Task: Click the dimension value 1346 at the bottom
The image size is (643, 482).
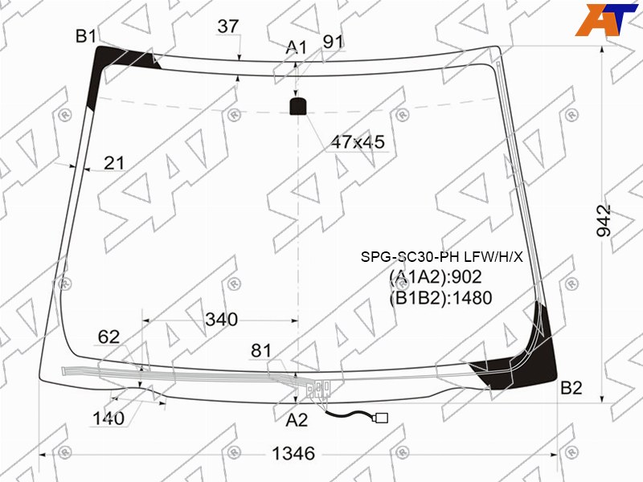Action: tap(293, 453)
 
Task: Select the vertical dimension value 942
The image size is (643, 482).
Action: tap(604, 220)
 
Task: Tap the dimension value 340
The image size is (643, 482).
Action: tap(222, 319)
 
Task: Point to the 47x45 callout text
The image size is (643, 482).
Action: tap(358, 142)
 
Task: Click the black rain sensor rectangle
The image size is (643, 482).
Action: tap(298, 107)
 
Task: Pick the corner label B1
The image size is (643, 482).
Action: tap(86, 36)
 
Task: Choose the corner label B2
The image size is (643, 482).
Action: tap(571, 388)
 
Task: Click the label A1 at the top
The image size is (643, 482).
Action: tap(296, 47)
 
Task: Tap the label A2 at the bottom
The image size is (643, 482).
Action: tap(297, 420)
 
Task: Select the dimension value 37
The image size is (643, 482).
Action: tap(228, 27)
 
